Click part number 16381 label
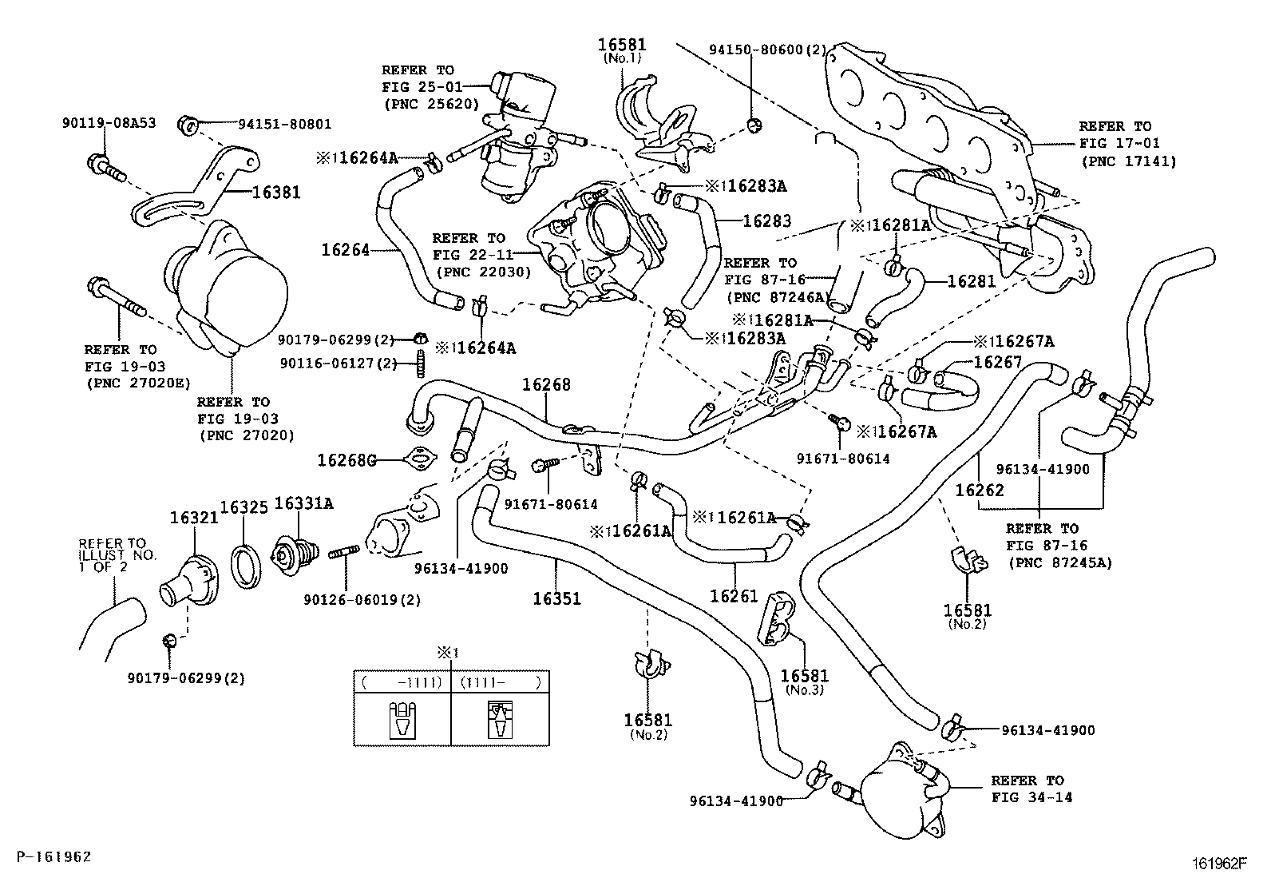pyautogui.click(x=276, y=193)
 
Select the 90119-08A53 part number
pyautogui.click(x=109, y=123)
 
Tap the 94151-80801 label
pyautogui.click(x=284, y=124)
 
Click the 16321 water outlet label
pyautogui.click(x=193, y=518)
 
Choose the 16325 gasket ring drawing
pyautogui.click(x=247, y=568)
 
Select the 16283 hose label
pyautogui.click(x=766, y=220)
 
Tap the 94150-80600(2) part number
pyautogui.click(x=769, y=50)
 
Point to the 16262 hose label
pyautogui.click(x=979, y=490)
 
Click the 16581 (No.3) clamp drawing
pyautogui.click(x=774, y=619)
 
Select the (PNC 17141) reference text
pyautogui.click(x=1129, y=161)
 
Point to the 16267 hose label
pyautogui.click(x=998, y=363)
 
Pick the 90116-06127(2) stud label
pyautogui.click(x=339, y=364)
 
